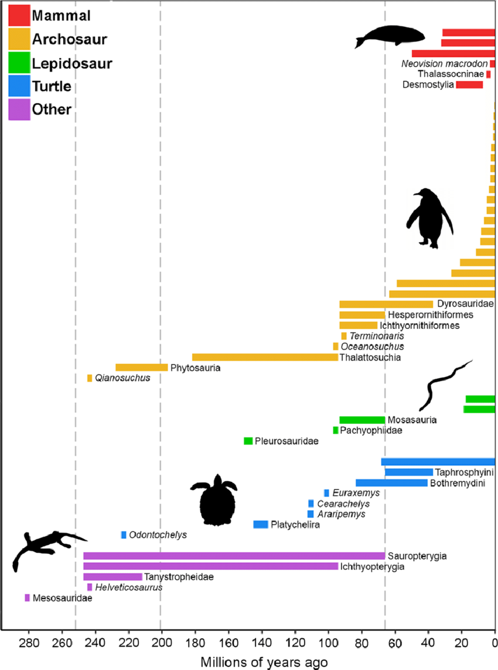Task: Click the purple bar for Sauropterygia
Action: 234,556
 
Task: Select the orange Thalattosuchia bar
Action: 265,357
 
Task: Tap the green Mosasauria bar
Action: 362,420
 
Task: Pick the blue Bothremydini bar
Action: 391,483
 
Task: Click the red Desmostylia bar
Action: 469,85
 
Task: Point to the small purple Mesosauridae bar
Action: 27,598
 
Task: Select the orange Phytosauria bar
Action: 141,368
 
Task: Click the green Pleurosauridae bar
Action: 248,441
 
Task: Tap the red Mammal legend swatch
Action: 19,15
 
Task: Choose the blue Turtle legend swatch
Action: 19,86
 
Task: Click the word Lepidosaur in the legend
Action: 72,63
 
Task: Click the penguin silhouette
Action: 429,218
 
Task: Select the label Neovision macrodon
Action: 445,64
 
